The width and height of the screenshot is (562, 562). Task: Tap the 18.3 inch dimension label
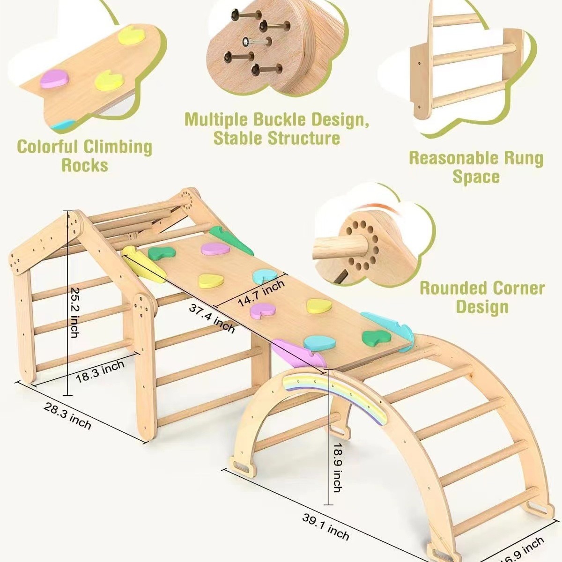point(100,371)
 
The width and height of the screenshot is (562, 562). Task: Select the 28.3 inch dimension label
point(67,415)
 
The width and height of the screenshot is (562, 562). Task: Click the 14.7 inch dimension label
point(261,294)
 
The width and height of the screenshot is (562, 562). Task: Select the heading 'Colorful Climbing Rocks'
point(85,155)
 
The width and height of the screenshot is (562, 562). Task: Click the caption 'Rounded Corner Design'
point(482,297)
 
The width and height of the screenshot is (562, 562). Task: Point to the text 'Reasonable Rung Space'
point(476,167)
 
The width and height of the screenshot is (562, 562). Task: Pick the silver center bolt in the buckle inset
point(246,42)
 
